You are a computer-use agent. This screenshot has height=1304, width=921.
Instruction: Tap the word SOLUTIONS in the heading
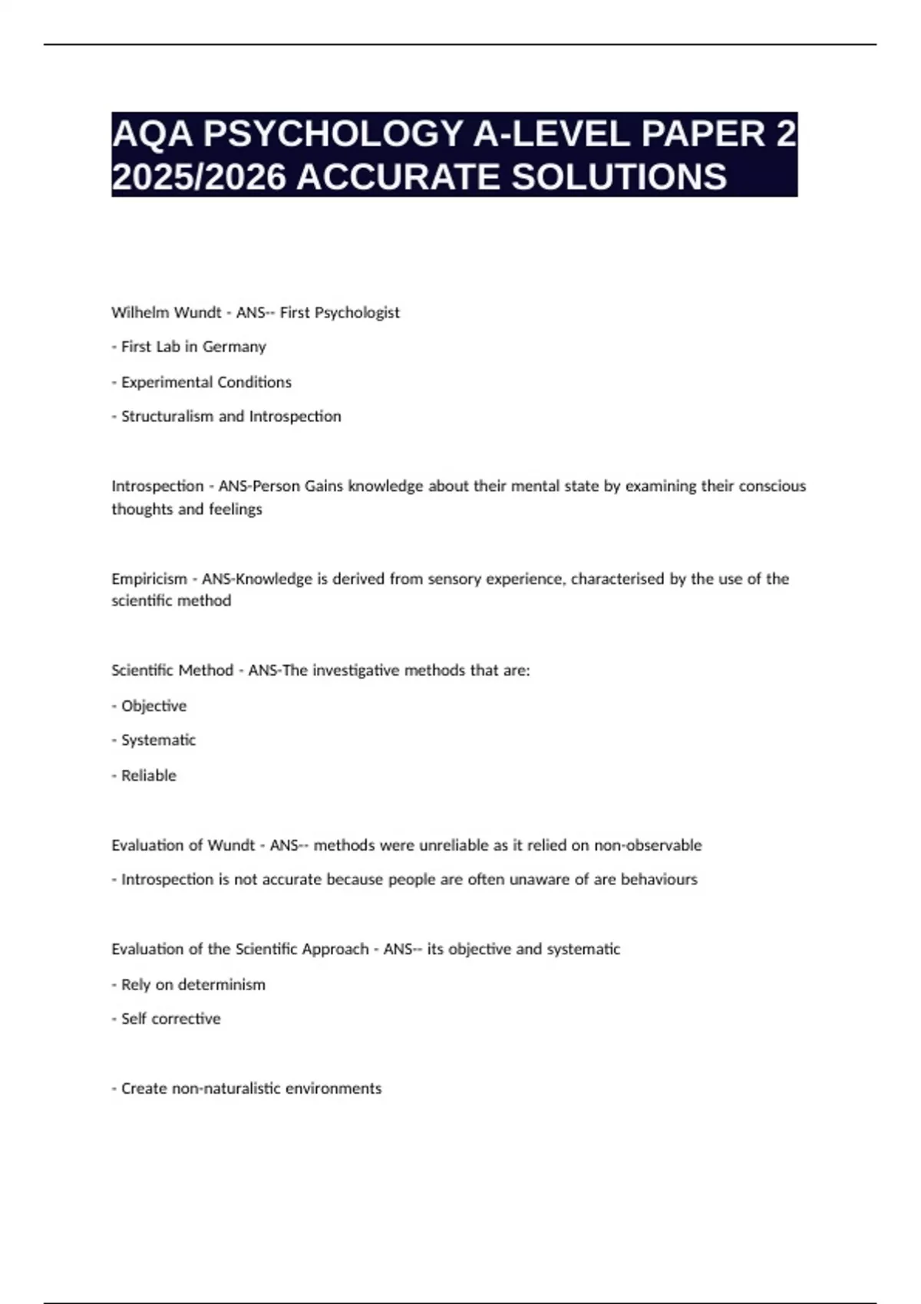click(x=619, y=177)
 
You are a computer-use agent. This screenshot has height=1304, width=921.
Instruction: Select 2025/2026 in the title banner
click(x=198, y=177)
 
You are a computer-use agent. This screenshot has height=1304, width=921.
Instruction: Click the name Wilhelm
click(x=136, y=312)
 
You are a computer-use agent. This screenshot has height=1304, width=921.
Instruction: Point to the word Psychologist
click(x=362, y=312)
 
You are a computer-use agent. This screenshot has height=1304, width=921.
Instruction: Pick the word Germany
click(x=234, y=347)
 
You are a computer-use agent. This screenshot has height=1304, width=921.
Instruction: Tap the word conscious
click(x=772, y=486)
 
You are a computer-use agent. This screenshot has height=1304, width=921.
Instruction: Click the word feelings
click(x=236, y=509)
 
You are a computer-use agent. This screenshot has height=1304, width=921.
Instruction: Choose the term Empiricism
click(x=149, y=579)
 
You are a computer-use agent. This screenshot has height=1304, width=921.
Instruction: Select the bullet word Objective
click(x=153, y=706)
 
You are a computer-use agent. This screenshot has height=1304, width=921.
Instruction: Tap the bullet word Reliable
click(x=148, y=775)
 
